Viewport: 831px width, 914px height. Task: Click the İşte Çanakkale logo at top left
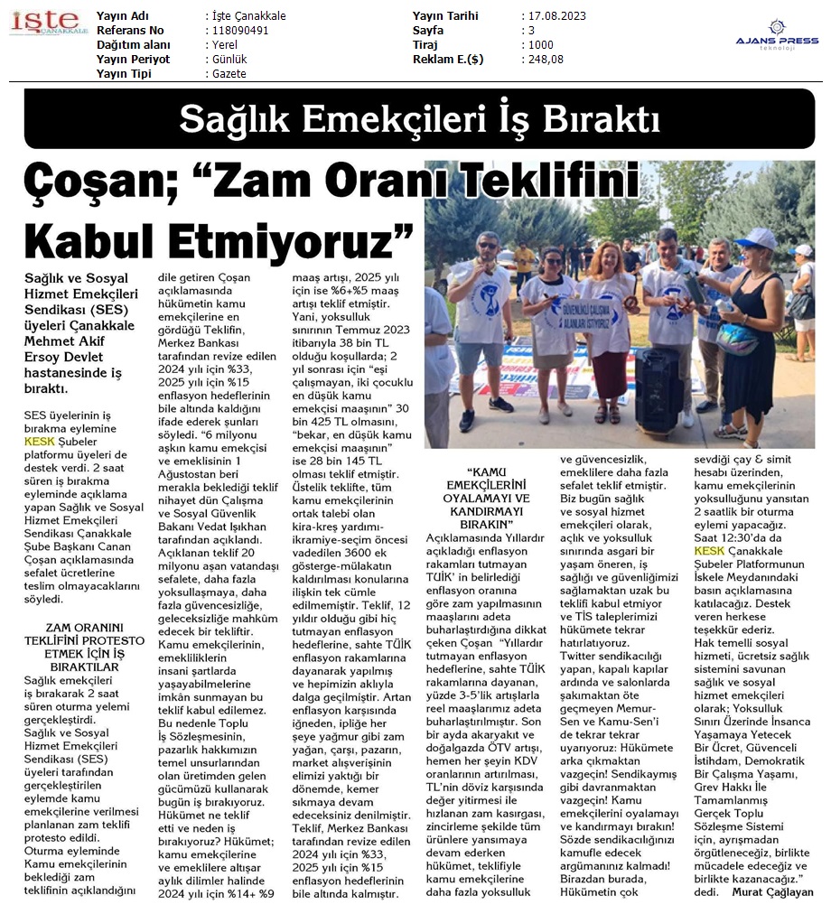click(49, 23)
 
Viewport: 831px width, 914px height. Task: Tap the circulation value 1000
click(542, 45)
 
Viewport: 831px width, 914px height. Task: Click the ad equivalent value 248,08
click(546, 60)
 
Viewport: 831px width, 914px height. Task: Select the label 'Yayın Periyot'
click(133, 60)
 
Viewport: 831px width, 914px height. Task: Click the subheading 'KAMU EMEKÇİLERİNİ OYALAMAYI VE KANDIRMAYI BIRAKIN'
click(484, 498)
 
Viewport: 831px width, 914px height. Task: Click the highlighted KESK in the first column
click(40, 442)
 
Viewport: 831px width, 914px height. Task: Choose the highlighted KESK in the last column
click(710, 550)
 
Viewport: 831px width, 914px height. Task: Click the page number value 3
click(531, 31)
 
